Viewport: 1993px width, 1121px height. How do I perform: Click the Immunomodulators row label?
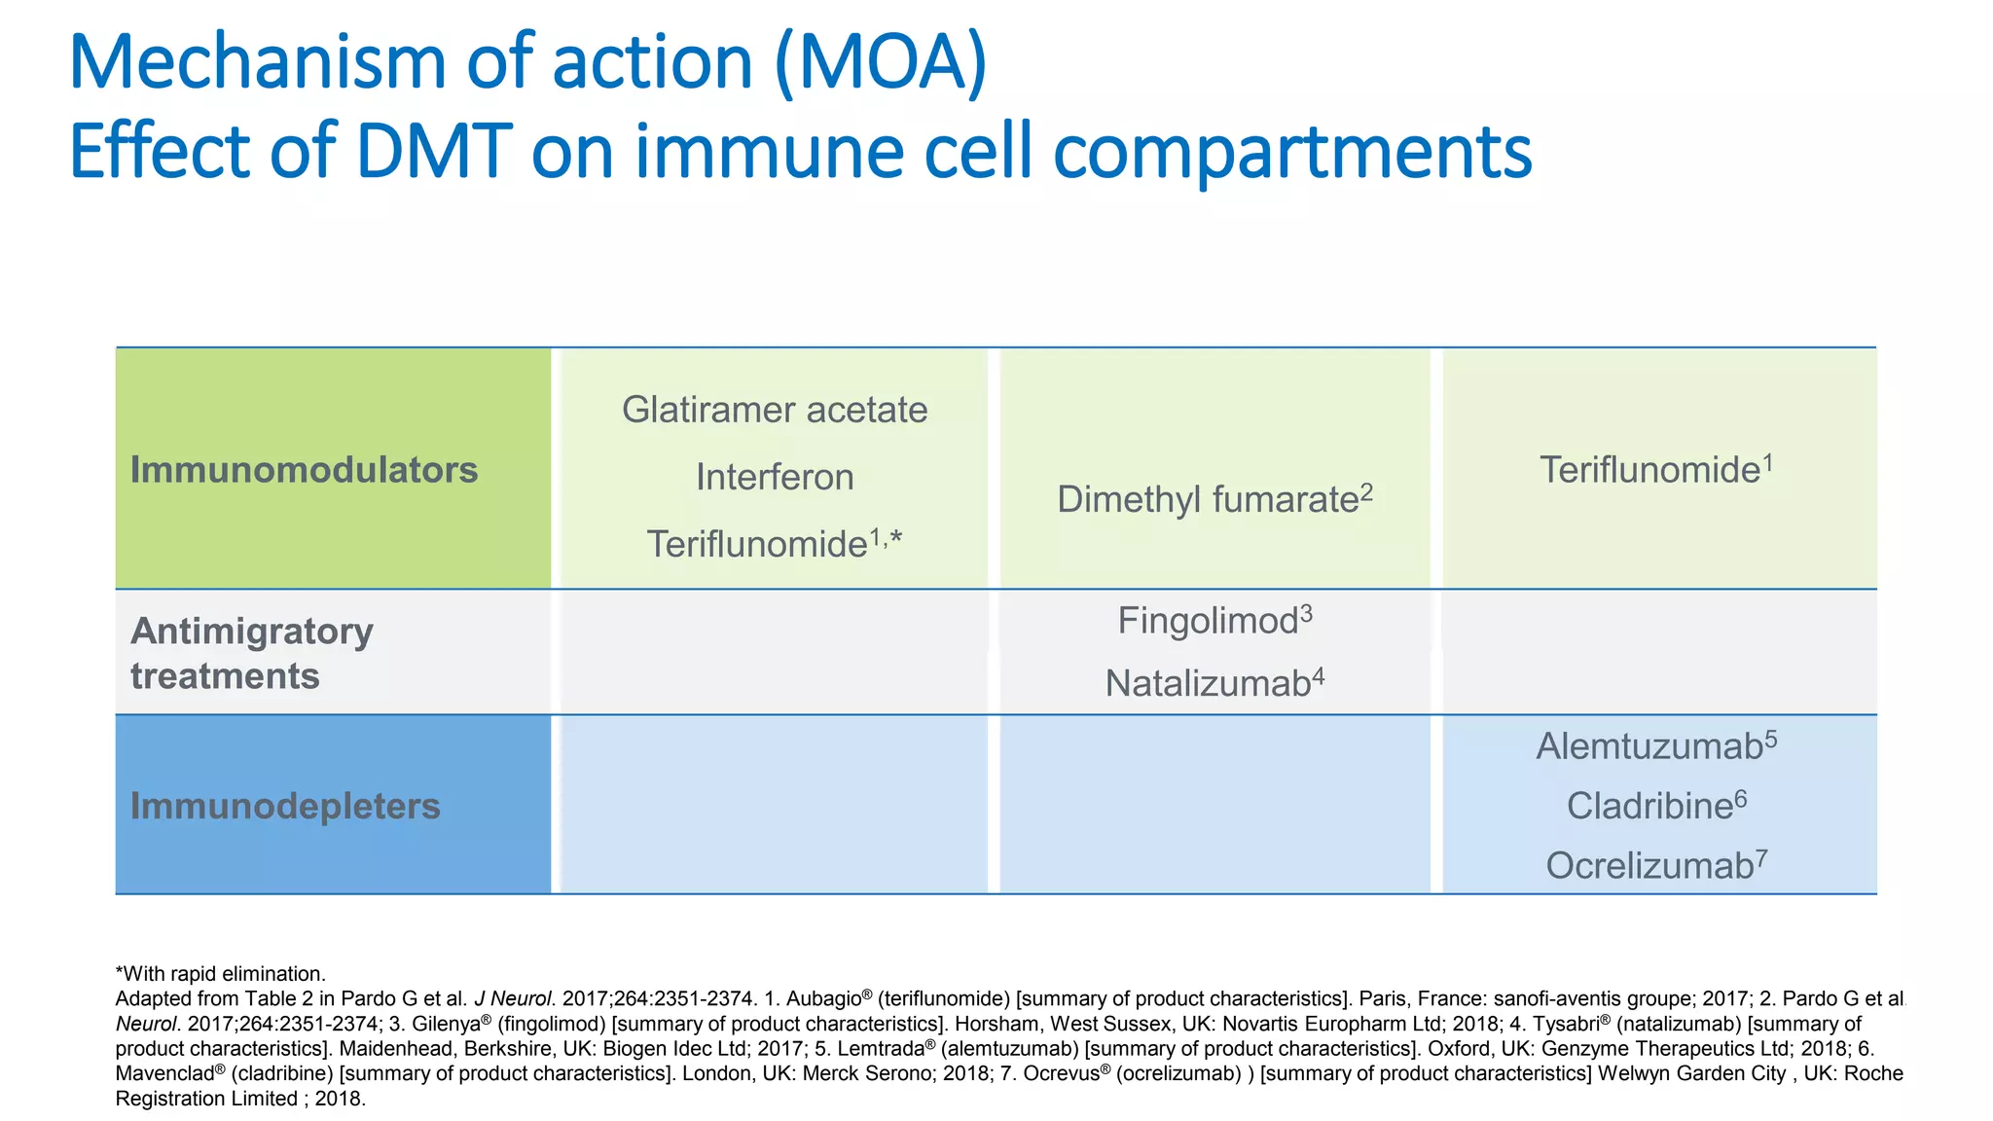tap(304, 470)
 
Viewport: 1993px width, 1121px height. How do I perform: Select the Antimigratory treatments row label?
tap(251, 653)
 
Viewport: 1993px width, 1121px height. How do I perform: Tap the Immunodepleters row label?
tap(285, 806)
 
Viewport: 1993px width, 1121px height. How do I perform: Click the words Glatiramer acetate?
tap(774, 410)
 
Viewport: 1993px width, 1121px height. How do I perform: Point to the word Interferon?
tap(774, 477)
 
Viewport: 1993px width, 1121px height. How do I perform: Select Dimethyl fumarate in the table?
tap(1207, 500)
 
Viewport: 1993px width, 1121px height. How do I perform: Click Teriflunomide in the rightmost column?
tap(1649, 470)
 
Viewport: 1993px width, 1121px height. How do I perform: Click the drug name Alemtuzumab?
tap(1649, 746)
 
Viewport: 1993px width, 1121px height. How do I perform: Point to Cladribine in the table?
tap(1649, 806)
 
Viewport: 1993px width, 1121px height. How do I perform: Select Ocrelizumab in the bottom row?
tap(1649, 865)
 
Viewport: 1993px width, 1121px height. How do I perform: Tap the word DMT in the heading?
tap(434, 152)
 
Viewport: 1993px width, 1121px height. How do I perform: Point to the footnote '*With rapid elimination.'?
tap(220, 974)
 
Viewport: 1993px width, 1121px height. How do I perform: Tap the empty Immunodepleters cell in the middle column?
tap(1214, 805)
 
